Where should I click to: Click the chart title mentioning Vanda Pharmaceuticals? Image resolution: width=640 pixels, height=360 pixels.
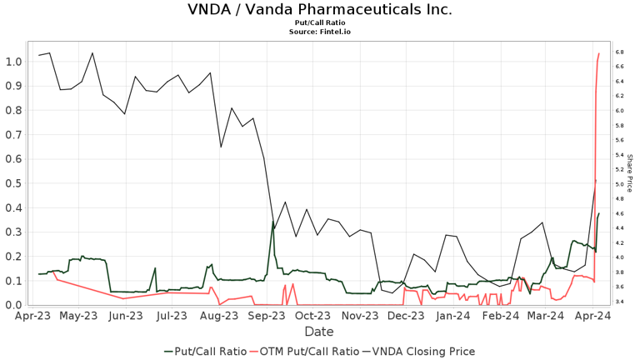(x=320, y=10)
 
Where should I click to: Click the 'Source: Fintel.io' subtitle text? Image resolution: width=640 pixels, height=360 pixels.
(x=320, y=32)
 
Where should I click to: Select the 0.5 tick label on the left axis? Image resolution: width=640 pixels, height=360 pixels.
(x=13, y=183)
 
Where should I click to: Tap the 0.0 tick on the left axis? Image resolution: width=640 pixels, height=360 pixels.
(x=13, y=305)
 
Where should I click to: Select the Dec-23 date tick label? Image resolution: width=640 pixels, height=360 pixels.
(x=407, y=317)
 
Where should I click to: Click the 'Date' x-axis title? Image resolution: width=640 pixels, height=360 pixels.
(x=319, y=332)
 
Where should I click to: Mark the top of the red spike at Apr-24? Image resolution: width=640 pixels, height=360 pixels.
(x=599, y=54)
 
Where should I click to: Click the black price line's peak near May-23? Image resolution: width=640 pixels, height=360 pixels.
(x=92, y=53)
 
